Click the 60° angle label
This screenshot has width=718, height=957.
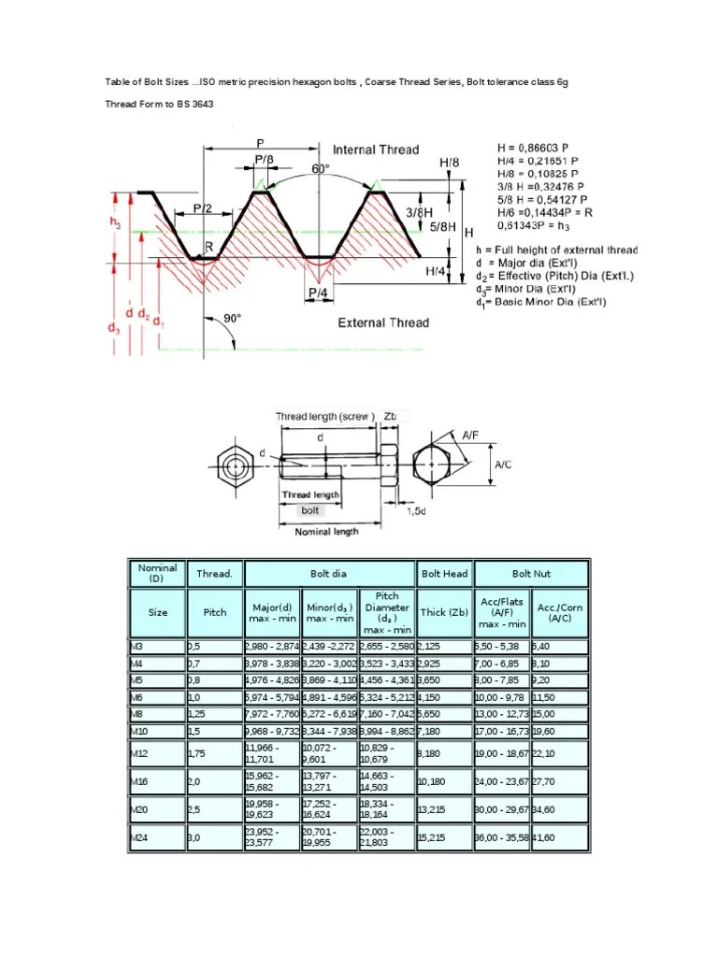pyautogui.click(x=321, y=170)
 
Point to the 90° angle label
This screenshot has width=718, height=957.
pyautogui.click(x=231, y=319)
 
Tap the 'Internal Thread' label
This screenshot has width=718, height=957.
pyautogui.click(x=376, y=150)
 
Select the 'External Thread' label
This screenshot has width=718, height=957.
pyautogui.click(x=382, y=322)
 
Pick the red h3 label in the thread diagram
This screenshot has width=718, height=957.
pyautogui.click(x=116, y=223)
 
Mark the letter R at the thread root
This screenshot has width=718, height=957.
pyautogui.click(x=208, y=248)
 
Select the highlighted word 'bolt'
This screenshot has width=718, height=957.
pyautogui.click(x=310, y=510)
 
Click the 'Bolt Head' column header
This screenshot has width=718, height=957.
pyautogui.click(x=444, y=573)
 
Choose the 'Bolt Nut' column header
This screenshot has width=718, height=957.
pyautogui.click(x=531, y=573)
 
